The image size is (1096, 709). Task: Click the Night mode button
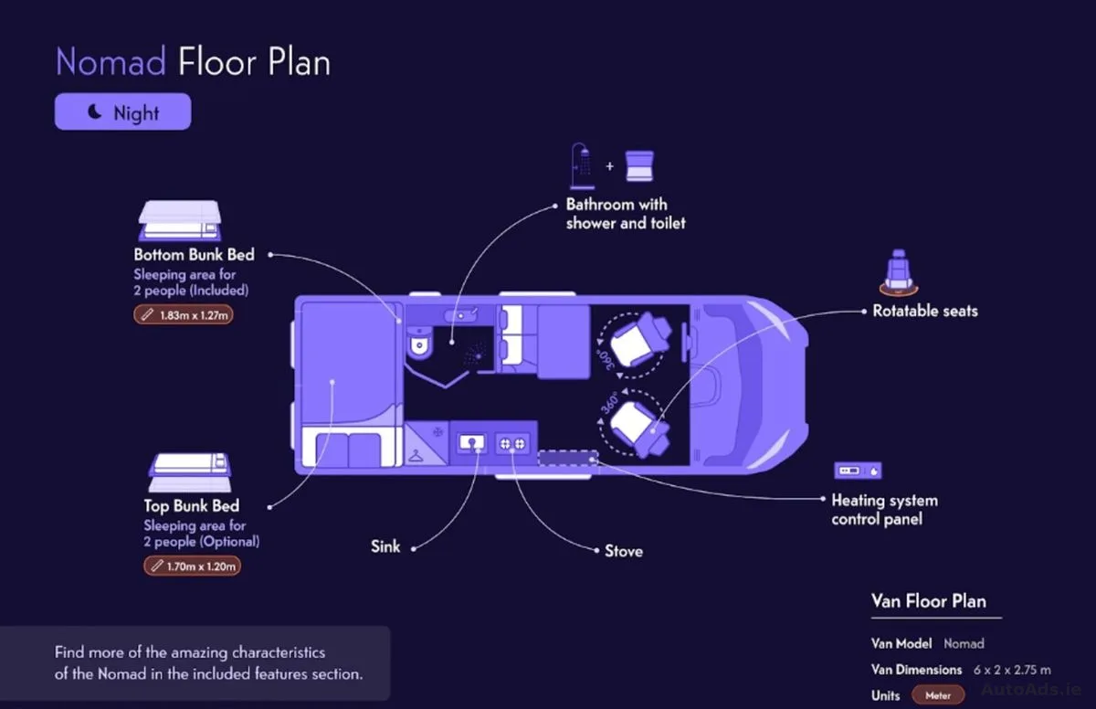122,111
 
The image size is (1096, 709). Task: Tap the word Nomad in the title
111,61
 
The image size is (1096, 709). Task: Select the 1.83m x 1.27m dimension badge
184,314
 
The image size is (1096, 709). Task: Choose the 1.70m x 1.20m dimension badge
193,566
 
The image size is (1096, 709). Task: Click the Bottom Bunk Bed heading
195,254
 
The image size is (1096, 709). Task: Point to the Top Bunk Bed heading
191,505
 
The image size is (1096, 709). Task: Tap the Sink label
385,546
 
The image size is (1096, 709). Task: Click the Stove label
624,551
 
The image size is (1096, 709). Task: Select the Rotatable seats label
925,311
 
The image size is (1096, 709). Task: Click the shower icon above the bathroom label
583,166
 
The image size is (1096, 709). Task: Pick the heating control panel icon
858,471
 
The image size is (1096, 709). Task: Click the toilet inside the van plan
419,343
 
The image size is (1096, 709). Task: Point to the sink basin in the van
471,443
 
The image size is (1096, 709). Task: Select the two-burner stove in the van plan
512,443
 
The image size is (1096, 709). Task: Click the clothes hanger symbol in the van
416,456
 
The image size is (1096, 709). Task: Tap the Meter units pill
938,695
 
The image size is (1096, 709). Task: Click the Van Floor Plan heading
929,601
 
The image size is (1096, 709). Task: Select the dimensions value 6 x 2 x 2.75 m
1012,670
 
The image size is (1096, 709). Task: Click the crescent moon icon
94,111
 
